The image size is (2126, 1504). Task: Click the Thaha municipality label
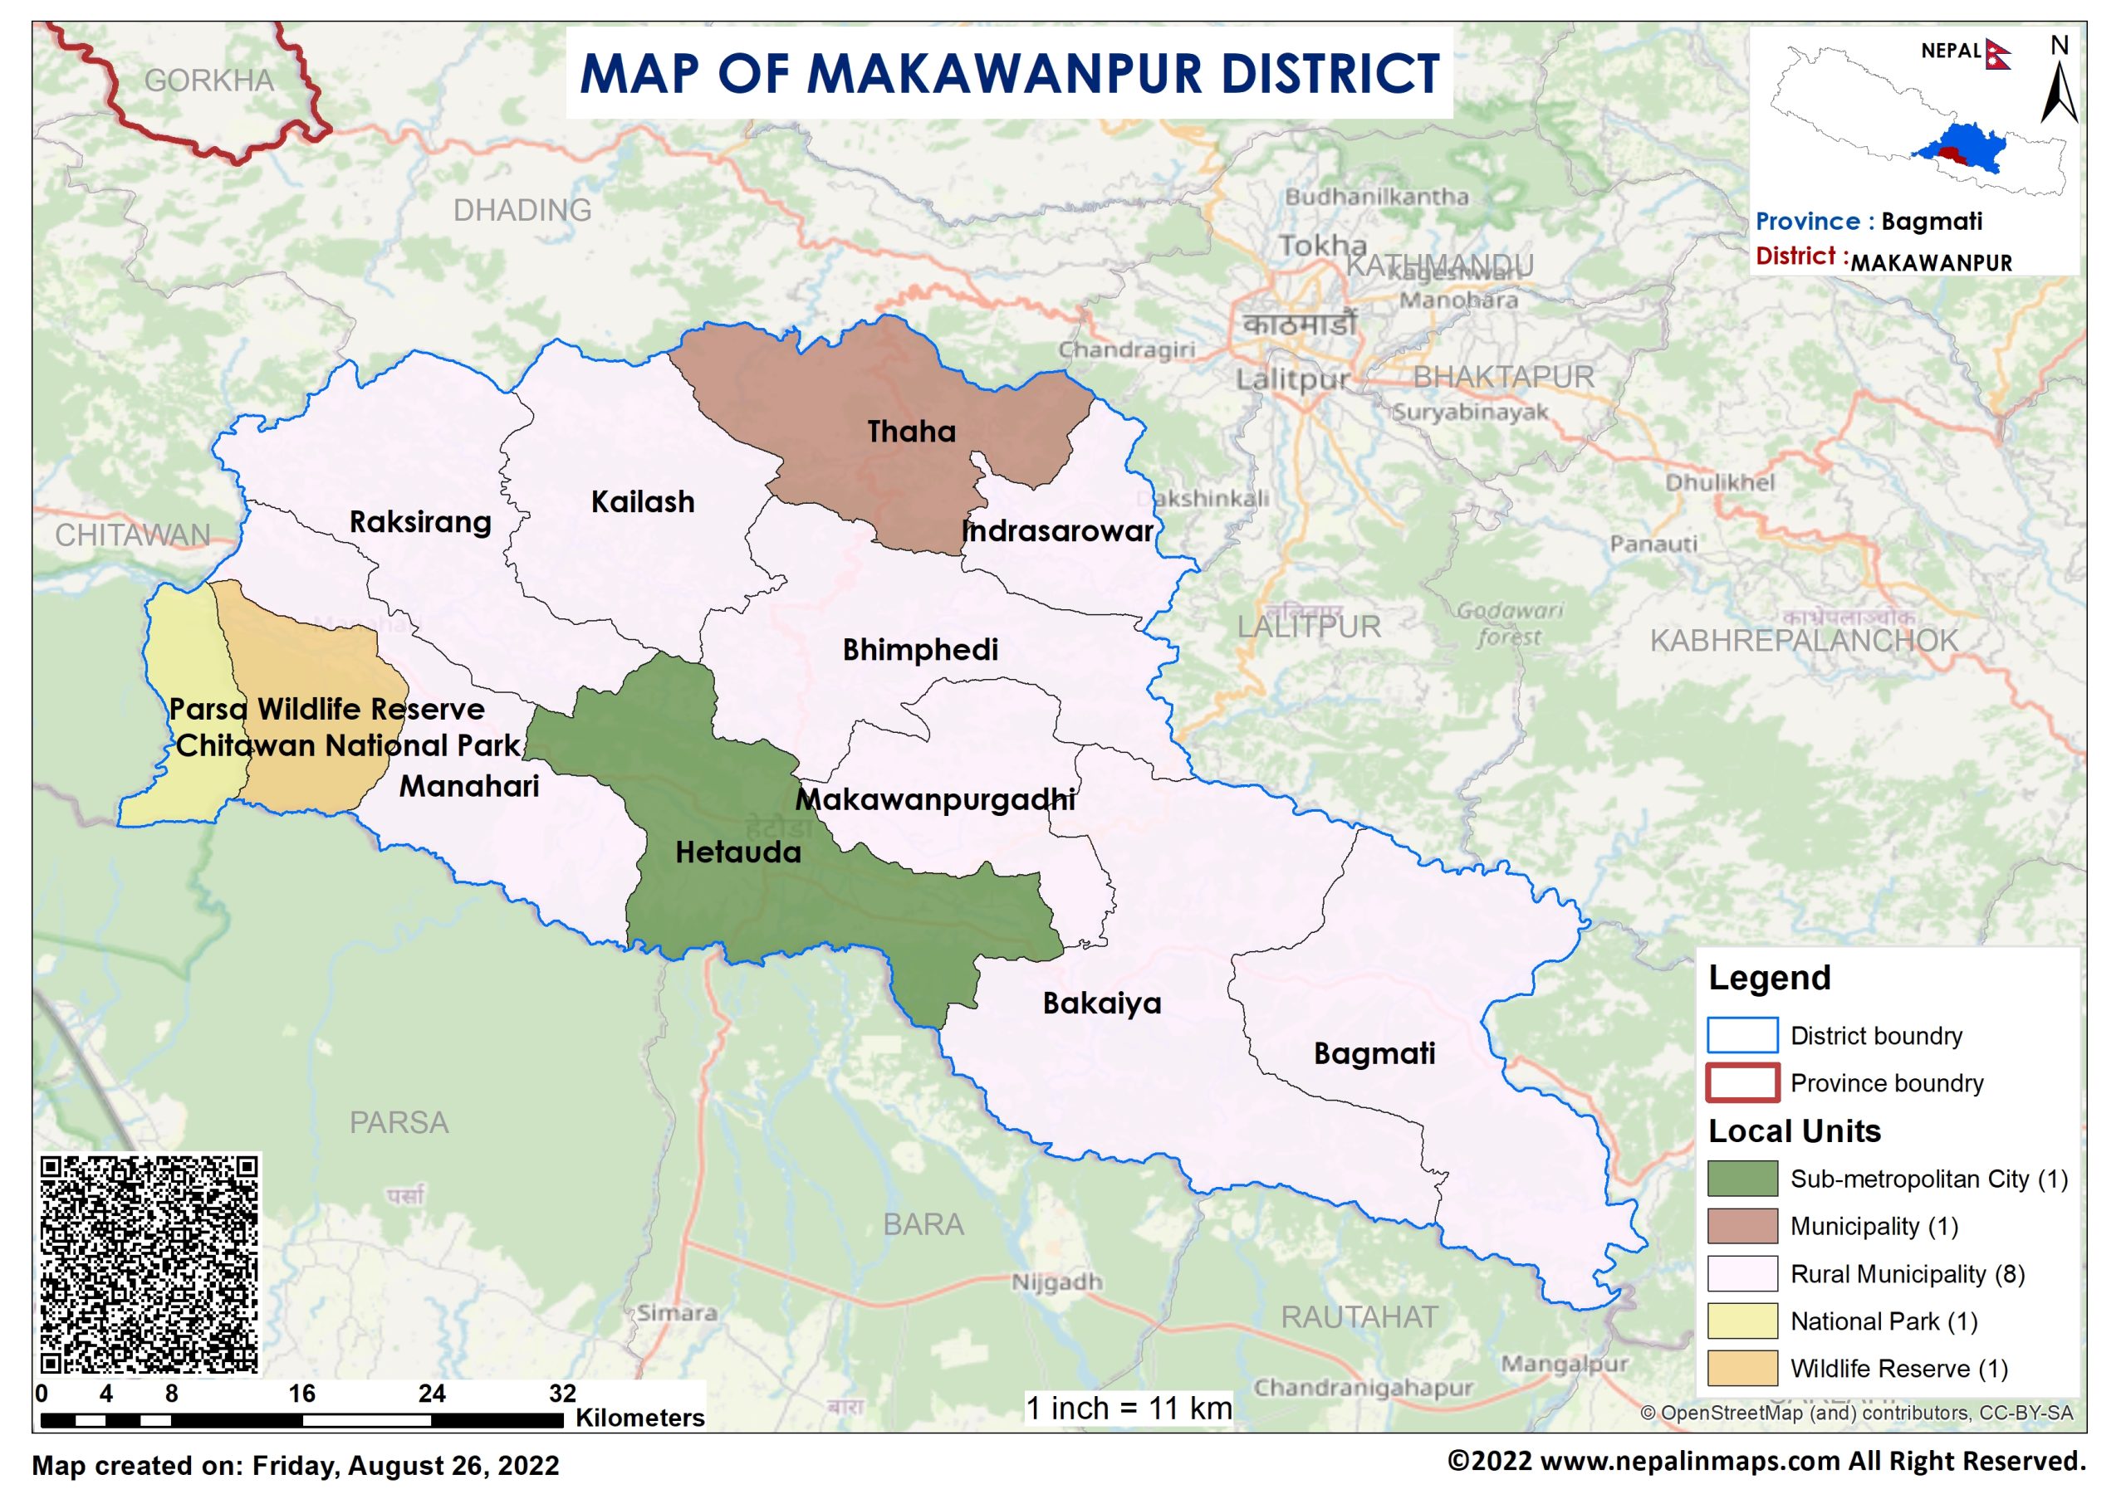click(x=911, y=432)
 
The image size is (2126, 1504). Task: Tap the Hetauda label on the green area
click(x=737, y=852)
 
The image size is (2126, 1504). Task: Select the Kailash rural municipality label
click(x=642, y=502)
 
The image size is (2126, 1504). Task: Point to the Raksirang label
click(x=419, y=522)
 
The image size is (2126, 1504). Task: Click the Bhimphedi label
click(x=919, y=650)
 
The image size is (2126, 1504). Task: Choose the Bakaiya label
click(x=1100, y=1003)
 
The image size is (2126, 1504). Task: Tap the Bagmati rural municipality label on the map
click(x=1374, y=1054)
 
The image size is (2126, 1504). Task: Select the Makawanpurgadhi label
click(x=935, y=800)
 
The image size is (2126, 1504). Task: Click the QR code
click(x=149, y=1264)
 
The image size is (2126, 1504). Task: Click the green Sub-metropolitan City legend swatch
click(x=1741, y=1179)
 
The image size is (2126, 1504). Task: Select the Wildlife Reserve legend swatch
click(x=1741, y=1368)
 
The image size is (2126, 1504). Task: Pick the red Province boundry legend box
click(x=1741, y=1082)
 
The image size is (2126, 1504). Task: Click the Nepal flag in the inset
click(x=1997, y=55)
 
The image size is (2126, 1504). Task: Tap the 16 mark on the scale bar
click(x=301, y=1394)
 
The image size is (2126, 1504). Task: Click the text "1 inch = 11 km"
click(x=1129, y=1409)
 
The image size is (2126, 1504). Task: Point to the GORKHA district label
click(x=208, y=81)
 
